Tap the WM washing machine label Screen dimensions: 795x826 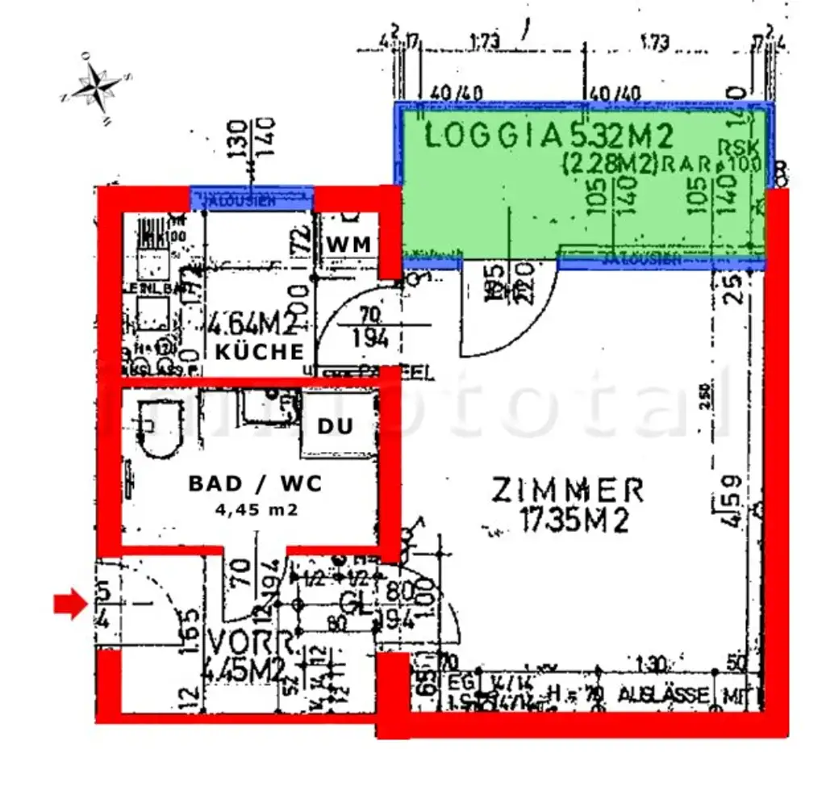pyautogui.click(x=348, y=244)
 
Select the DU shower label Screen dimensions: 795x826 pyautogui.click(x=335, y=426)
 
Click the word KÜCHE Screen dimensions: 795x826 pyautogui.click(x=259, y=353)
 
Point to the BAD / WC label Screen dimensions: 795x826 pyautogui.click(x=255, y=483)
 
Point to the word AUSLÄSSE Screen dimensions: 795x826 pyautogui.click(x=663, y=694)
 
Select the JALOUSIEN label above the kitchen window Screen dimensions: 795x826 pyautogui.click(x=252, y=197)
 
